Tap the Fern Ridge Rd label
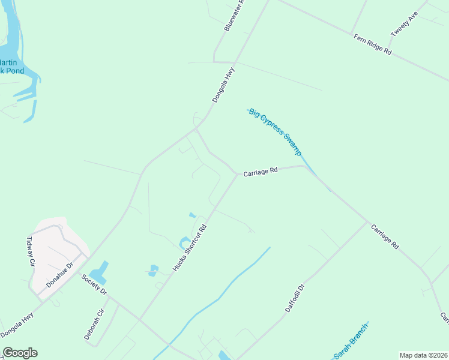pyautogui.click(x=372, y=45)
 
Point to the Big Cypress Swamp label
pyautogui.click(x=275, y=132)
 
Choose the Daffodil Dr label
pyautogui.click(x=295, y=297)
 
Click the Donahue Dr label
pyautogui.click(x=59, y=273)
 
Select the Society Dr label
pyautogui.click(x=94, y=284)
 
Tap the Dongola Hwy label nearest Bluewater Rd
pyautogui.click(x=223, y=85)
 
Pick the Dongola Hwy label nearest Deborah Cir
pyautogui.click(x=17, y=325)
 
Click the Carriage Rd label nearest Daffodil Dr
pyautogui.click(x=384, y=237)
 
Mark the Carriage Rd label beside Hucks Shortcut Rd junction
pyautogui.click(x=260, y=172)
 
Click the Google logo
pyautogui.click(x=20, y=353)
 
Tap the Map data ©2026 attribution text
pyautogui.click(x=423, y=355)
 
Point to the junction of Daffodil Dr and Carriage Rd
pyautogui.click(x=367, y=222)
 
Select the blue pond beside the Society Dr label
pyautogui.click(x=101, y=271)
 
